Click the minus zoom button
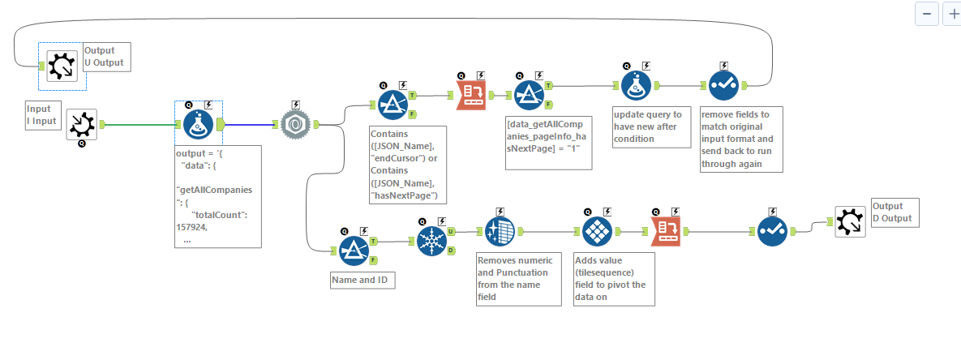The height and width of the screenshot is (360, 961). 927,15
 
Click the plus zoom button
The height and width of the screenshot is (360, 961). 951,15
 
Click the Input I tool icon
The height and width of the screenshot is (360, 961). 82,125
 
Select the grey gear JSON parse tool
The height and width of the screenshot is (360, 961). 296,125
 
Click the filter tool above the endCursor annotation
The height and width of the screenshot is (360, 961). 393,104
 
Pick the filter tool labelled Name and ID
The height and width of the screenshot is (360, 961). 354,251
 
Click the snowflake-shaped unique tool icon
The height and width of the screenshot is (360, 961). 431,241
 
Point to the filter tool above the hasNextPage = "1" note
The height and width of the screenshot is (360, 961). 529,95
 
